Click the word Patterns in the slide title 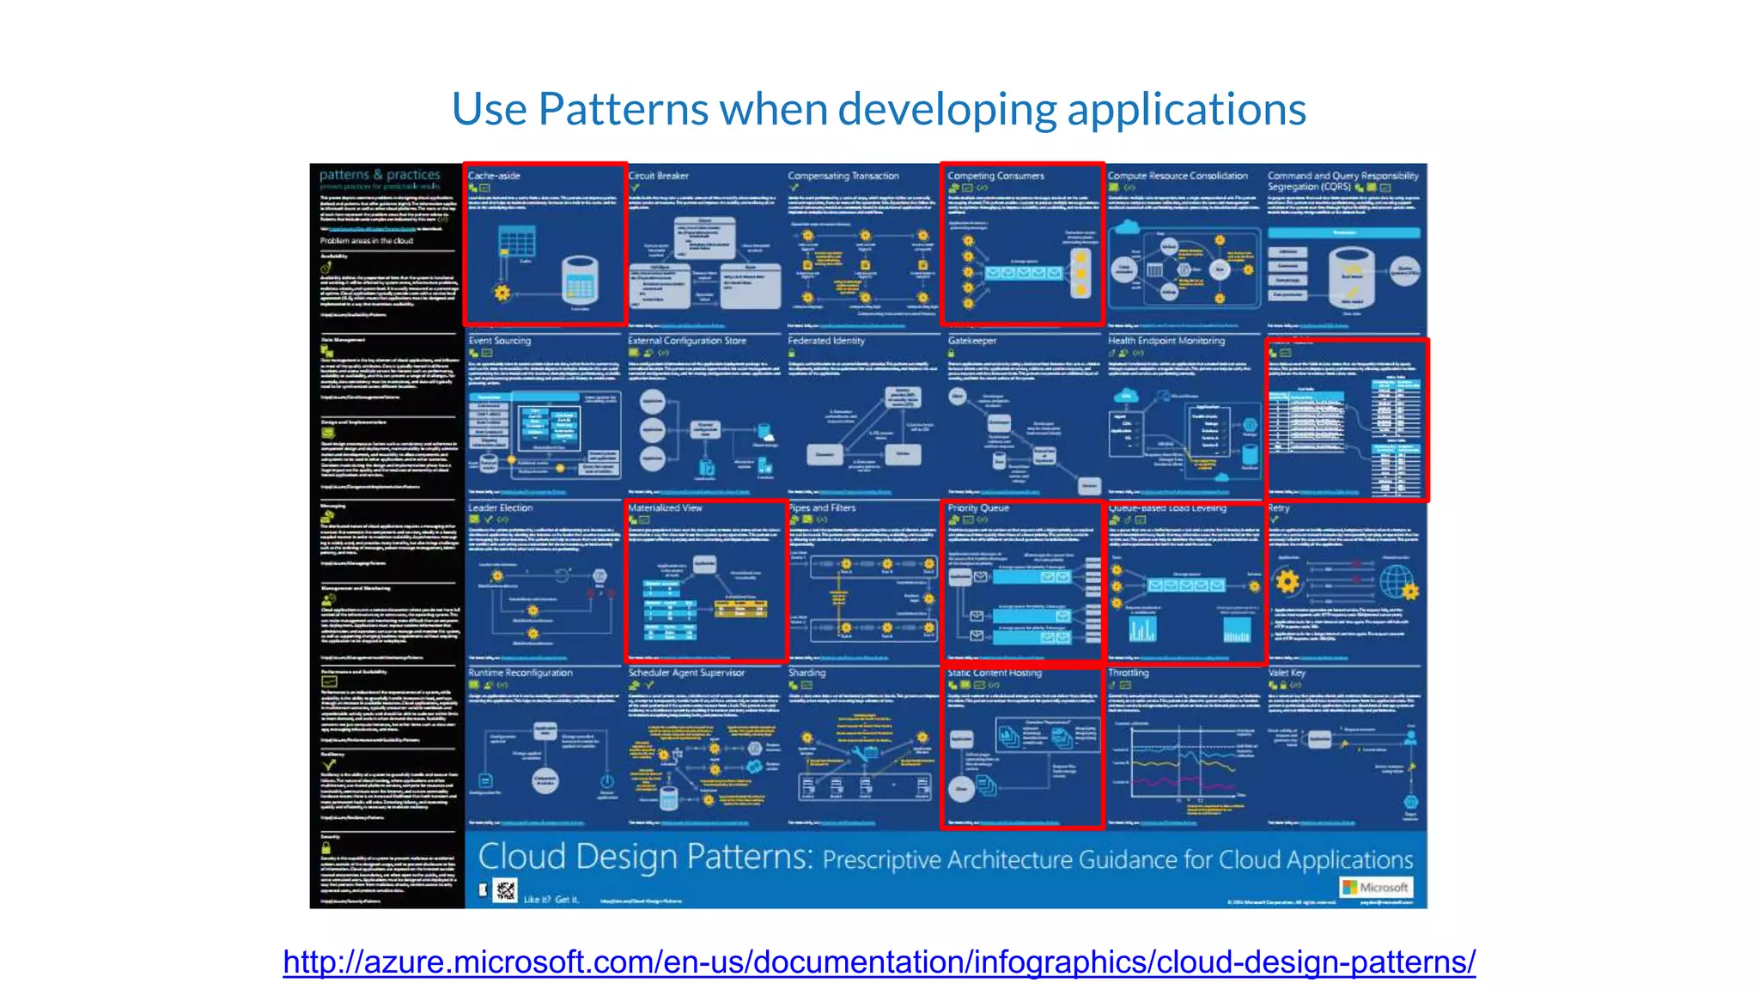[624, 110]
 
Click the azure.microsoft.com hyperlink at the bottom [879, 962]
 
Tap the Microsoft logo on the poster [1376, 887]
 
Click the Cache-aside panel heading [494, 175]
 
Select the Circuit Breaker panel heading [658, 175]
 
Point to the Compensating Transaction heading [843, 175]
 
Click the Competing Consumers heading [995, 175]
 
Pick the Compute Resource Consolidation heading [1177, 175]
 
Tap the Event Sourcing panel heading [499, 341]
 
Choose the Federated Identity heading [826, 341]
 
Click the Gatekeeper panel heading [971, 341]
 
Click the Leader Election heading [500, 507]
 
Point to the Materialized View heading [665, 507]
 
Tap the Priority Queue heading [978, 507]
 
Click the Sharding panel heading [806, 673]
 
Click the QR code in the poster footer [506, 890]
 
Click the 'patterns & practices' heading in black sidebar [380, 174]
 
